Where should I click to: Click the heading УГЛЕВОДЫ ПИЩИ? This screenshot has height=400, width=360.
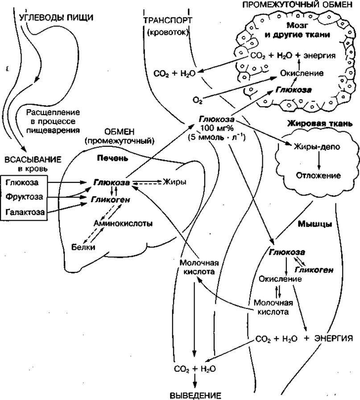(56, 18)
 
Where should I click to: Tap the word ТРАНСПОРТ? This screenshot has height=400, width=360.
(168, 21)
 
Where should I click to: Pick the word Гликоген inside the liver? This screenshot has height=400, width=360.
(112, 200)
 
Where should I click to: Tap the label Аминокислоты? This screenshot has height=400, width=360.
(123, 223)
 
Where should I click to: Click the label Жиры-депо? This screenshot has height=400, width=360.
(314, 146)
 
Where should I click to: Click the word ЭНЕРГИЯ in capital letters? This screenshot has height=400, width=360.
(334, 338)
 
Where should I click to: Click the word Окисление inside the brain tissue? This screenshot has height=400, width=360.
(302, 73)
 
